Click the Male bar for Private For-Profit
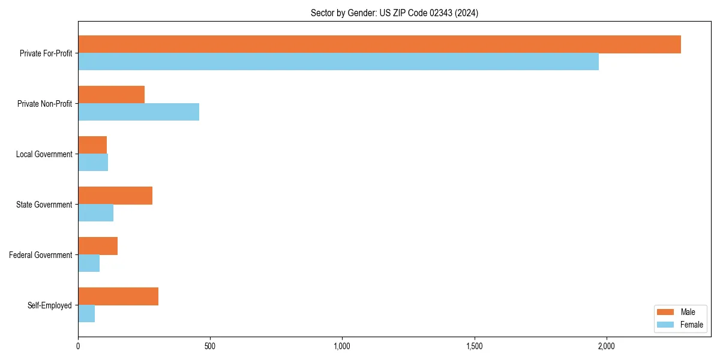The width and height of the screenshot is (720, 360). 379,44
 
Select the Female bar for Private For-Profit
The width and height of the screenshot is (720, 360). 338,61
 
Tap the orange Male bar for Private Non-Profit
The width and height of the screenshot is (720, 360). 112,95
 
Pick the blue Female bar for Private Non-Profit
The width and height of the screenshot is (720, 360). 139,112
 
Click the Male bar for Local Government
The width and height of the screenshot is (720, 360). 92,145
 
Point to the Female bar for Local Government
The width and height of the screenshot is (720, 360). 93,162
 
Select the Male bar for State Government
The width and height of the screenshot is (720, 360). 115,196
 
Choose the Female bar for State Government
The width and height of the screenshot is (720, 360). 96,212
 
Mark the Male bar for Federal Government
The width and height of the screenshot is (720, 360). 98,246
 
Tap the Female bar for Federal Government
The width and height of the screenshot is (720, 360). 89,263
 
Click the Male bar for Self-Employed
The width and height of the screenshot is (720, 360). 118,296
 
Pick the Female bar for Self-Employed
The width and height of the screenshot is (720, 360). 86,313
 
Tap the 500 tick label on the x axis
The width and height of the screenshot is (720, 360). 210,346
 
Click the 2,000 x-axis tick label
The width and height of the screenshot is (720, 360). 607,346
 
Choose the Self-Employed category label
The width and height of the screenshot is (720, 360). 49,305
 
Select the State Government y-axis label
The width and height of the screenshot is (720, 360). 44,205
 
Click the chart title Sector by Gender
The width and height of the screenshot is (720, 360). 394,13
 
